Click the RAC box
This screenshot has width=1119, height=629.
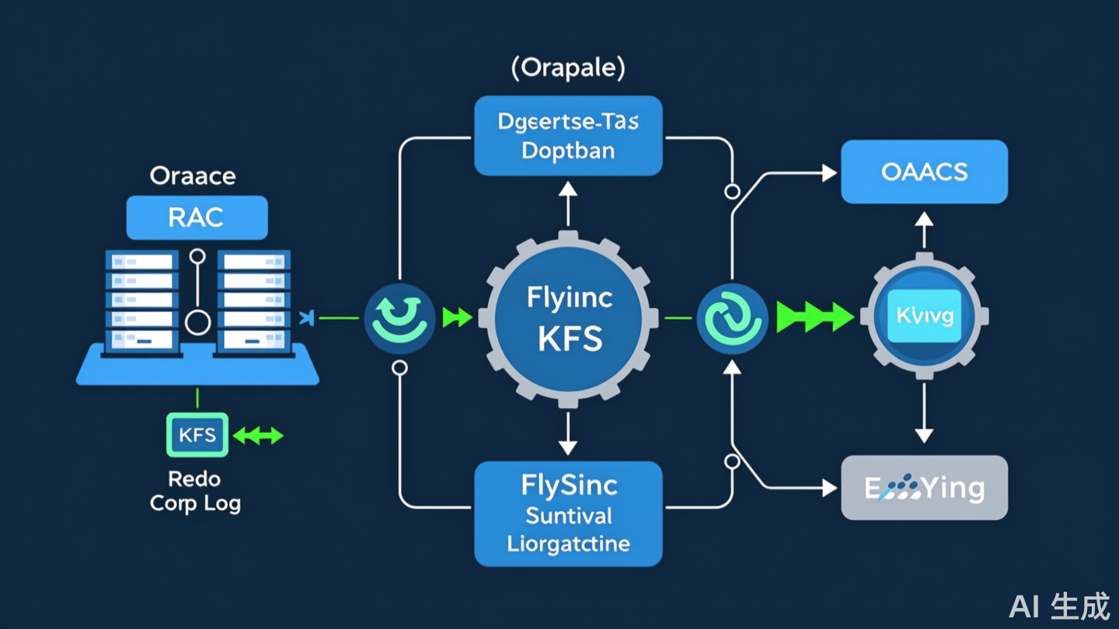197,217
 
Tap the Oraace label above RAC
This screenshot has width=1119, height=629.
192,175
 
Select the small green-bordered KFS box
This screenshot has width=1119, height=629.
197,435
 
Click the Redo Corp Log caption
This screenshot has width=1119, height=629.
195,491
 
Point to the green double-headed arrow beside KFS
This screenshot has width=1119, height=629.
258,436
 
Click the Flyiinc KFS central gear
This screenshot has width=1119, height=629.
570,318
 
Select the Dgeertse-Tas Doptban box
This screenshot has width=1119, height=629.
568,136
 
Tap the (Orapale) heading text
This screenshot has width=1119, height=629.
568,68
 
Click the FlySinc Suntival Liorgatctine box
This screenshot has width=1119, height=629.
568,513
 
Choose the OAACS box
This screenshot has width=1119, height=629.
924,172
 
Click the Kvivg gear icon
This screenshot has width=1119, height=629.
924,317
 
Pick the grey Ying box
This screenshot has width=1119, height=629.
924,488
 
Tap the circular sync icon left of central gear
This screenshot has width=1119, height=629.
399,318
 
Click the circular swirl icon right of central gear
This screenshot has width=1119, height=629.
732,318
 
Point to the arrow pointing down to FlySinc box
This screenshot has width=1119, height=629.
568,433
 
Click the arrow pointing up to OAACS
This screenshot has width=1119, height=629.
923,229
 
